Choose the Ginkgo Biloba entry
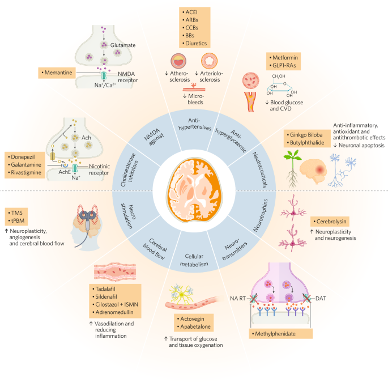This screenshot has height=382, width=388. [308, 136]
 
